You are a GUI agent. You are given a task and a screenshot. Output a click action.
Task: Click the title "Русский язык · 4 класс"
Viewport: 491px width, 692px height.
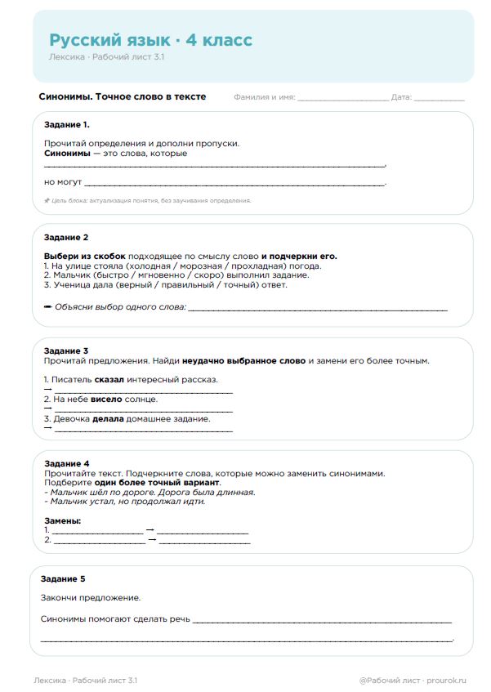150,40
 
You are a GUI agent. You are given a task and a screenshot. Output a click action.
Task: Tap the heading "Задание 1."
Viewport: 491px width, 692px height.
66,125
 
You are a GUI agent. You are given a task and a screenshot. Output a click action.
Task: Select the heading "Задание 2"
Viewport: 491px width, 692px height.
65,237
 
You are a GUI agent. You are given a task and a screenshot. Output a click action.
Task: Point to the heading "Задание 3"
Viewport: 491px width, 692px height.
65,350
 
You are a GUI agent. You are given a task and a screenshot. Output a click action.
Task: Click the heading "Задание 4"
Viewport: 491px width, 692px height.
65,463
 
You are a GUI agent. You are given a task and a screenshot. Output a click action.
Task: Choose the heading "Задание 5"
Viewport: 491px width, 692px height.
62,578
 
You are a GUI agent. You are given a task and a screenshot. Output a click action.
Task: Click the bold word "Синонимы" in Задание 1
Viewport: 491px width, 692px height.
66,153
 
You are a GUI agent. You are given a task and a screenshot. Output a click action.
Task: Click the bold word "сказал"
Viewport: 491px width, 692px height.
109,379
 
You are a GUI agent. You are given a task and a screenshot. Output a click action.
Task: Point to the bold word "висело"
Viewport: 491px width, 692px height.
106,399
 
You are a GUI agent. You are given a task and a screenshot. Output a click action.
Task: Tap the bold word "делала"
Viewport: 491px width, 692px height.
108,418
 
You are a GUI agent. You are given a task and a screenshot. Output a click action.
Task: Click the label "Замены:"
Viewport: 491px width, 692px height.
62,520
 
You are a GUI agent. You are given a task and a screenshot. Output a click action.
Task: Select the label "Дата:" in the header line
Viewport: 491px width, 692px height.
400,97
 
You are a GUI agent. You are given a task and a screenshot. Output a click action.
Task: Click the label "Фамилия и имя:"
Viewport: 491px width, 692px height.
264,97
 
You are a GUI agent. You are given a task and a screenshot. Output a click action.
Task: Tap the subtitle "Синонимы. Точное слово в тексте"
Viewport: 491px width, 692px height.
123,96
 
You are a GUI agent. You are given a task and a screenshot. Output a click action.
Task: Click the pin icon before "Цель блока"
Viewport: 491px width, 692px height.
47,200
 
